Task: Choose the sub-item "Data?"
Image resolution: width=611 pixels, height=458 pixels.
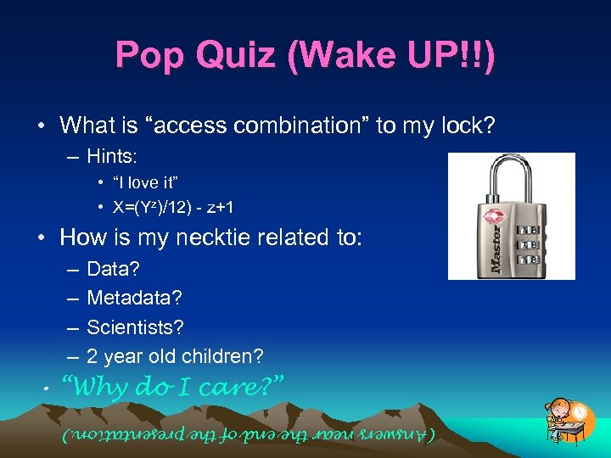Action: point(113,270)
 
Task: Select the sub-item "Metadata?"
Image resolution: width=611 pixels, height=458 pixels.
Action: point(134,299)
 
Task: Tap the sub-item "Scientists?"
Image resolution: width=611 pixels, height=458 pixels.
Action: point(135,327)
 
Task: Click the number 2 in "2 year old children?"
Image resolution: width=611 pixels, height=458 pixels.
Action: point(92,356)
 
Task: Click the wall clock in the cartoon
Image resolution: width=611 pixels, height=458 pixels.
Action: point(580,411)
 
